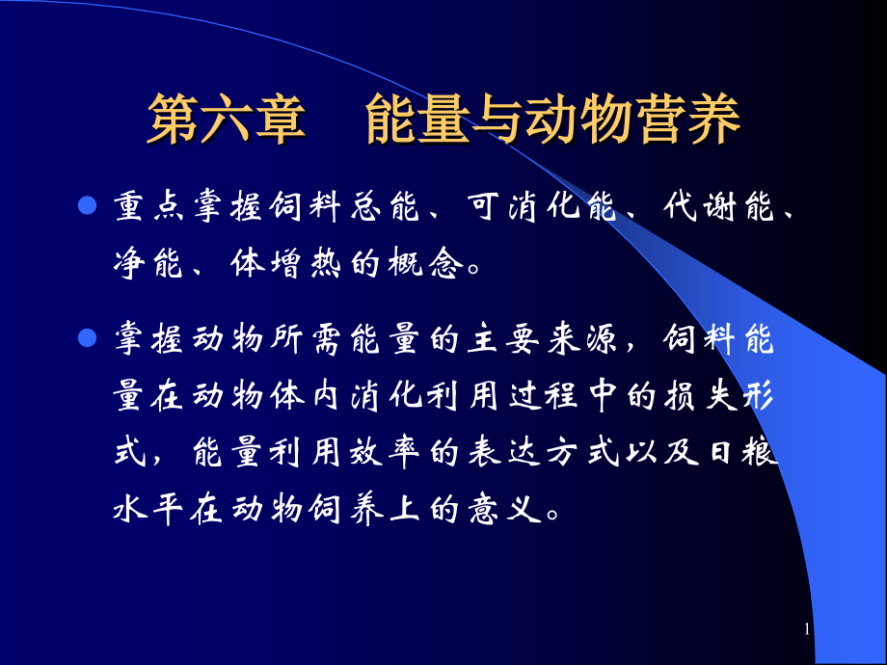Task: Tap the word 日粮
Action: coord(742,451)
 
